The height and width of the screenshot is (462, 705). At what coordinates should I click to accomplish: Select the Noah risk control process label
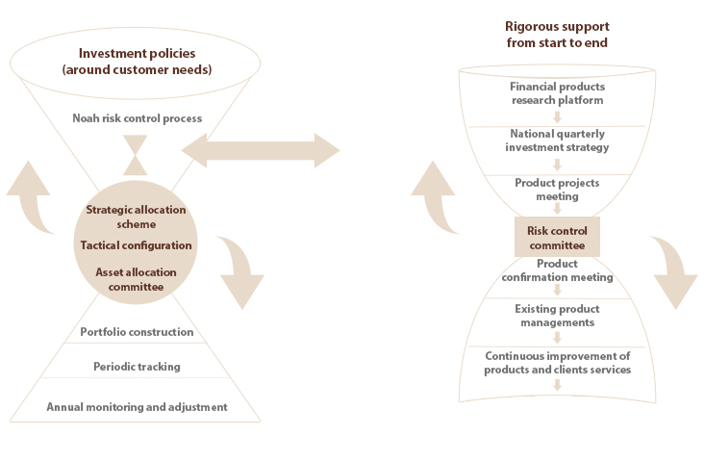137,118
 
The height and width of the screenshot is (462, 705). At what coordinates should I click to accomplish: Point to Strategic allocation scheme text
136,218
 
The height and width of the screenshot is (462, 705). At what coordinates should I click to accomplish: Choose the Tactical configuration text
136,245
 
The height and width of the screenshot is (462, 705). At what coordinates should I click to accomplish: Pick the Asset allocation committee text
136,279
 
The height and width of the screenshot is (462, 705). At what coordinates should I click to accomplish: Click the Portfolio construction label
137,332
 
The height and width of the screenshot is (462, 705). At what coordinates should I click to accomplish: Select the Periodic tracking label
136,367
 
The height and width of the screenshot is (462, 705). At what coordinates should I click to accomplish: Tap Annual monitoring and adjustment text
137,407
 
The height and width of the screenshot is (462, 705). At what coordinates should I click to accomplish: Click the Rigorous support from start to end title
557,36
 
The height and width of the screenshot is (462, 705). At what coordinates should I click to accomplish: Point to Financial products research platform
557,92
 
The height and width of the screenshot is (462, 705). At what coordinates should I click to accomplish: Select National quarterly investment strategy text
557,141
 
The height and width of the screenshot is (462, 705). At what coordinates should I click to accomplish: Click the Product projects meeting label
557,189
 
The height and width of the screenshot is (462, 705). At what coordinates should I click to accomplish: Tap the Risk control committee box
557,237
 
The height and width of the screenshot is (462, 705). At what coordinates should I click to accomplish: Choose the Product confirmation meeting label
557,270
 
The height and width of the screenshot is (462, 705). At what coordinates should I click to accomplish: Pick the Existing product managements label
557,316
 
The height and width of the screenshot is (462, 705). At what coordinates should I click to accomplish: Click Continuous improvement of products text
557,363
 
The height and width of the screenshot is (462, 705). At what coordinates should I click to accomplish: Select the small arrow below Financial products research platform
557,116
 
